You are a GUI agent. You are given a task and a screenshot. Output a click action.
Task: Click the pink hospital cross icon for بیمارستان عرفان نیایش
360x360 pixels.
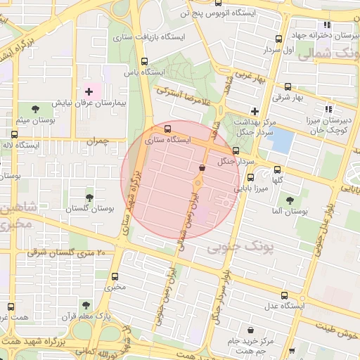[89, 91]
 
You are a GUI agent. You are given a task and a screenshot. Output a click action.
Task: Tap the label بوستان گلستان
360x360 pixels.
[89, 209]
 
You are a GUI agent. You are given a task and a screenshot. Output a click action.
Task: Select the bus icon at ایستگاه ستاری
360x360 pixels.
[167, 129]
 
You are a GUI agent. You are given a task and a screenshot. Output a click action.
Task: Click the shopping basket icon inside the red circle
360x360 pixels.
[202, 168]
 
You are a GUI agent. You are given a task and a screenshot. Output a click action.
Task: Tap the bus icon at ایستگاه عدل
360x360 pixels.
[284, 295]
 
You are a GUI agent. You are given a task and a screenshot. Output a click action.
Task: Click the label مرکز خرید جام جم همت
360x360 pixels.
[250, 345]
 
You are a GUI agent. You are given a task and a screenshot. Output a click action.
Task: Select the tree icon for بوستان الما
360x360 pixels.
[289, 200]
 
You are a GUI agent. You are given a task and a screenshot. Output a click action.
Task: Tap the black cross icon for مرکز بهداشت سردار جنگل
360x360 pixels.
[255, 111]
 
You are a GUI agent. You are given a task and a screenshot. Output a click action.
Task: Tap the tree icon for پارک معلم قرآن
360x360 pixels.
[86, 305]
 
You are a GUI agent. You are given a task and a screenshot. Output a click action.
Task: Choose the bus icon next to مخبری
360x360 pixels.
[115, 275]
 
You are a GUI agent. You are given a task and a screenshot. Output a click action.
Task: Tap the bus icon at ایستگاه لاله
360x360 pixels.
[15, 134]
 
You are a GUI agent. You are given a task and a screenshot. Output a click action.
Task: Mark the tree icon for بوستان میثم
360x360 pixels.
[37, 108]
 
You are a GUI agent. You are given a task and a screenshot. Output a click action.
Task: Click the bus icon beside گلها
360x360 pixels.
[278, 169]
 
